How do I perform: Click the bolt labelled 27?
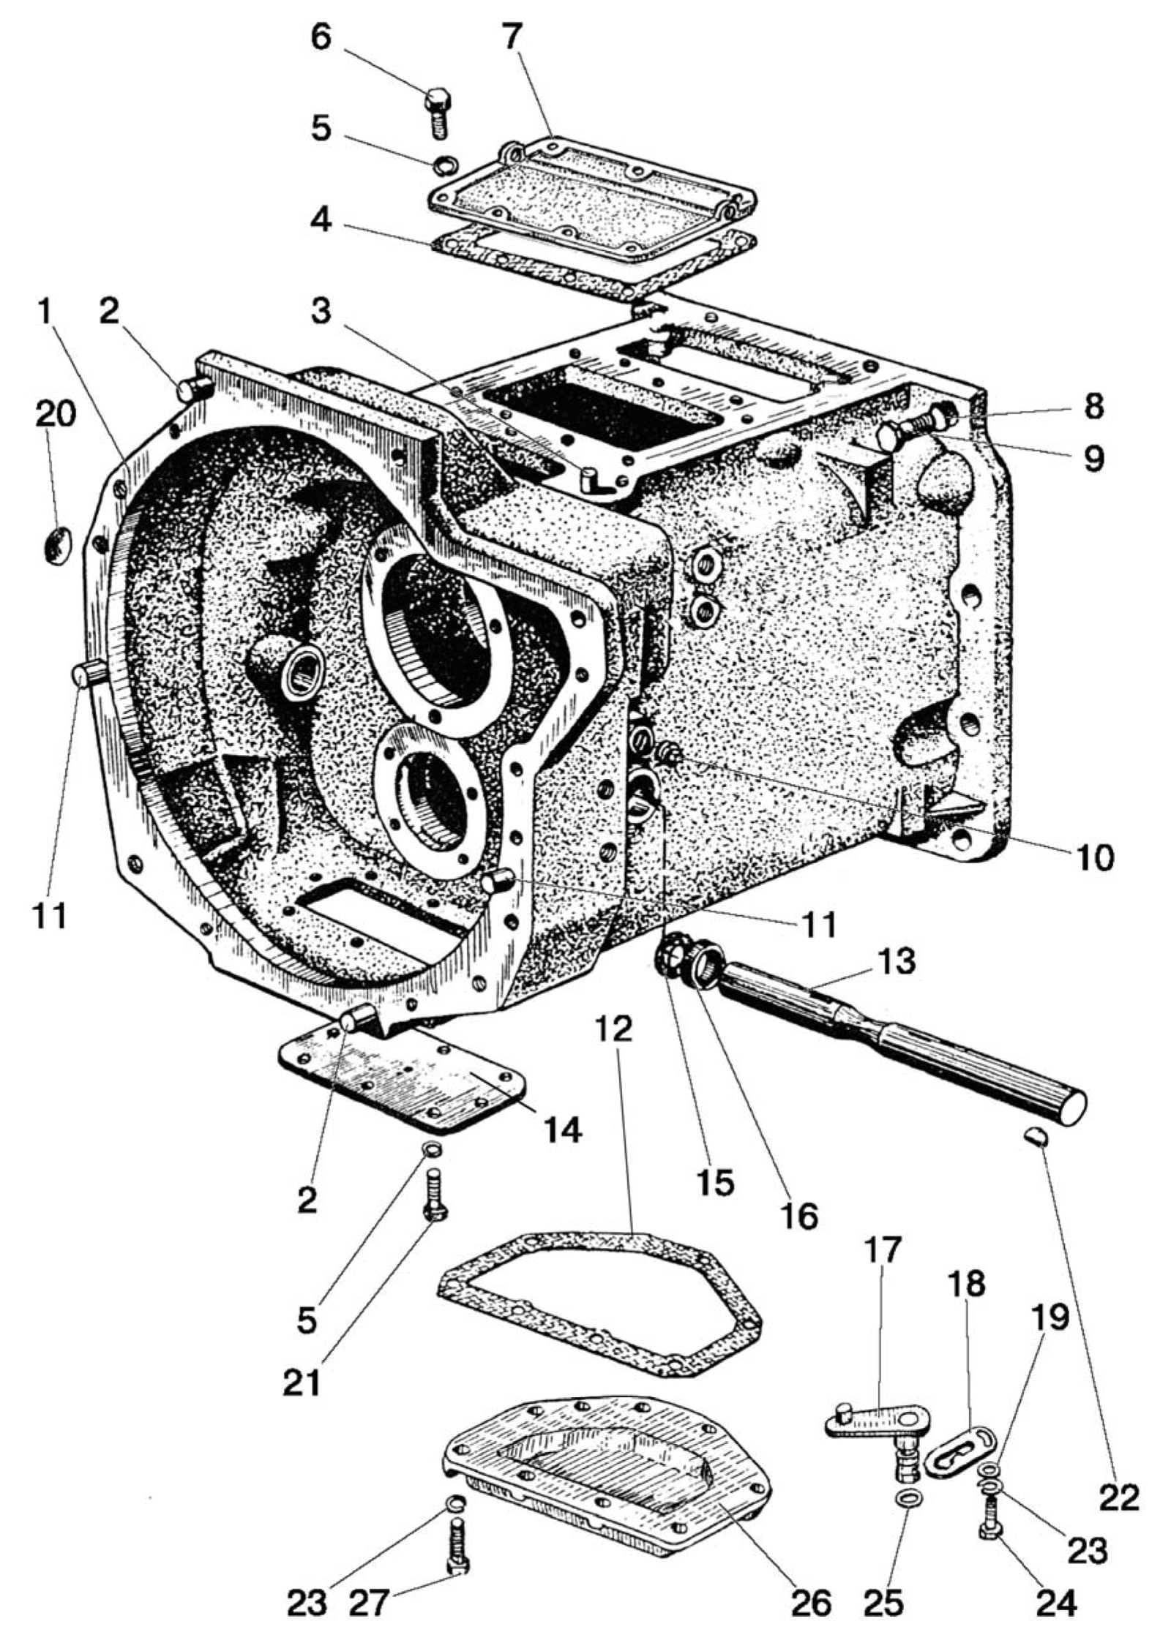tap(456, 1535)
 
